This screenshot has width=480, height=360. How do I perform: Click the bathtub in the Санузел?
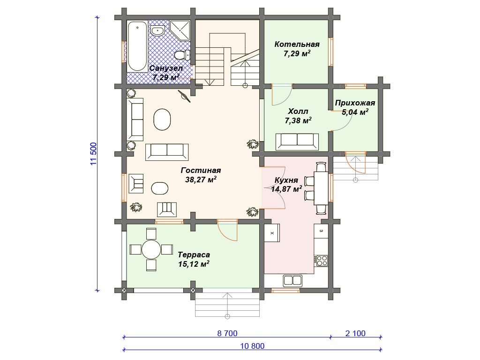pyautogui.click(x=137, y=46)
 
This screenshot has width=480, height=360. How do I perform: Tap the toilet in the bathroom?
pyautogui.click(x=182, y=55)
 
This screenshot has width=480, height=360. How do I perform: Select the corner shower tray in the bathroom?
pyautogui.click(x=180, y=30)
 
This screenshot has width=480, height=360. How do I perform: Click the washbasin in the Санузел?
pyautogui.click(x=158, y=31)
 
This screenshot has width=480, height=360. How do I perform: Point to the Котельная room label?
pyautogui.click(x=297, y=45)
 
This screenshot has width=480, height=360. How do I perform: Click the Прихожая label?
pyautogui.click(x=355, y=103)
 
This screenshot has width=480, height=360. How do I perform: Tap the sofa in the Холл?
pyautogui.click(x=297, y=142)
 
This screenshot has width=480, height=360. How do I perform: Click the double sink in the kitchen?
pyautogui.click(x=292, y=281)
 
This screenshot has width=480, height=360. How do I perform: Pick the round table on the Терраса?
pyautogui.click(x=151, y=249)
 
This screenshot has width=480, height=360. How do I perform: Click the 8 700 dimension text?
pyautogui.click(x=227, y=333)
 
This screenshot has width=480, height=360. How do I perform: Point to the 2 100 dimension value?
pyautogui.click(x=355, y=333)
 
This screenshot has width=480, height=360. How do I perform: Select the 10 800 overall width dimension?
pyautogui.click(x=252, y=346)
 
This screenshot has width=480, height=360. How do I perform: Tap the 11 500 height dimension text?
pyautogui.click(x=94, y=154)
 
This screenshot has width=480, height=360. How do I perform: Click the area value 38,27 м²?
pyautogui.click(x=201, y=180)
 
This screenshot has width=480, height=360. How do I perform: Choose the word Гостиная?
pyautogui.click(x=201, y=170)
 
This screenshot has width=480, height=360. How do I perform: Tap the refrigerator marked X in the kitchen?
pyautogui.click(x=272, y=233)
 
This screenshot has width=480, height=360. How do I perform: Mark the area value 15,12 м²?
pyautogui.click(x=194, y=264)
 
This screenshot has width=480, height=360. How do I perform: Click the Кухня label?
pyautogui.click(x=286, y=180)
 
